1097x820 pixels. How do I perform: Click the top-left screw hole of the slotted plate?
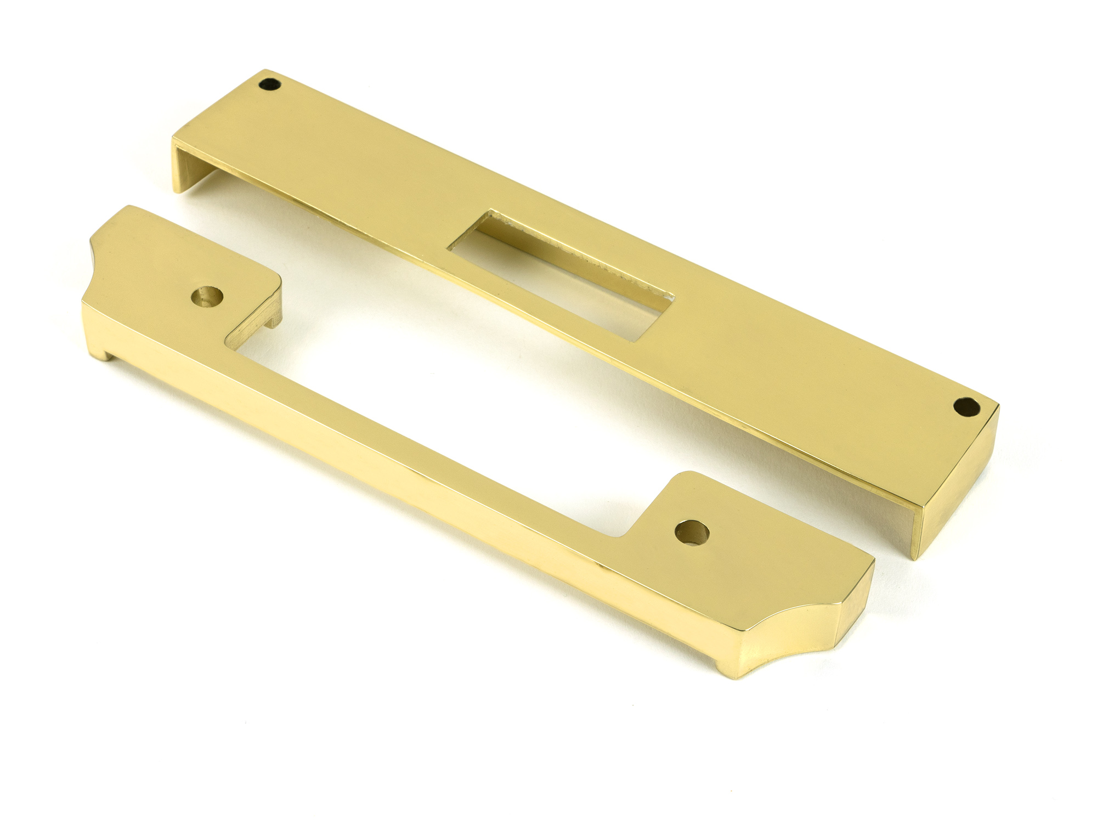click(269, 85)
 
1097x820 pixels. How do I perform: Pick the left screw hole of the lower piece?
click(207, 296)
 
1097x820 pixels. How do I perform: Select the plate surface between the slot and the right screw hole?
click(795, 357)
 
